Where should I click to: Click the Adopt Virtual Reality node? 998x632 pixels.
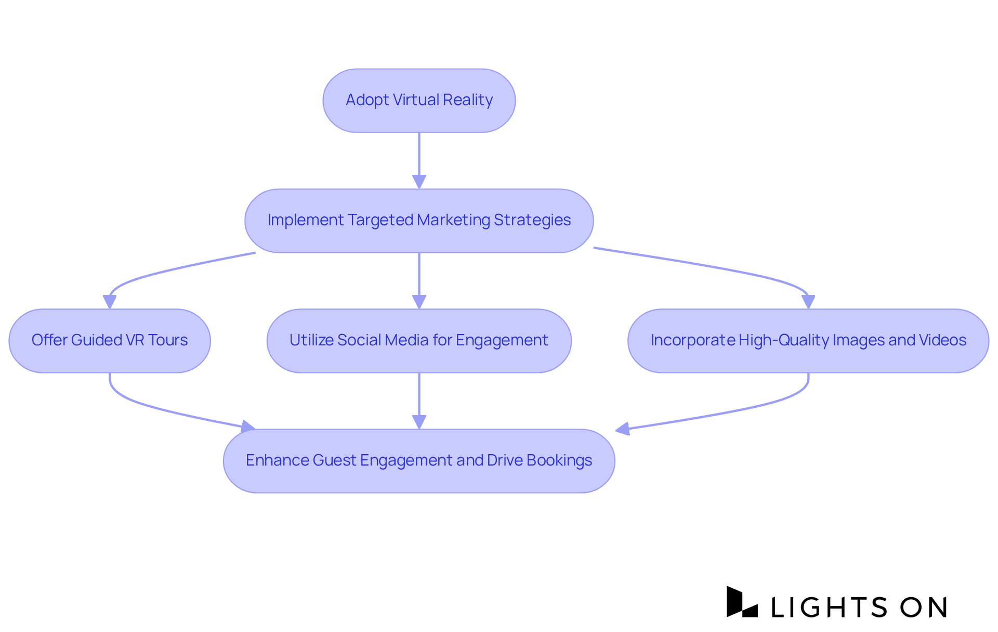point(419,100)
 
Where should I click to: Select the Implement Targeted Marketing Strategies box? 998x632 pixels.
point(419,221)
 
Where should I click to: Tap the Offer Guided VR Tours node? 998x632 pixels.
point(109,341)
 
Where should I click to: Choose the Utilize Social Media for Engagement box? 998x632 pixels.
point(419,341)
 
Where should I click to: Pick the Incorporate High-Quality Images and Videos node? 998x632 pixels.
point(808,341)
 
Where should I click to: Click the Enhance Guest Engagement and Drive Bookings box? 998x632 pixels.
point(419,461)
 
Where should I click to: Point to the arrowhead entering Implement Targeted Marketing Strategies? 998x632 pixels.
point(419,182)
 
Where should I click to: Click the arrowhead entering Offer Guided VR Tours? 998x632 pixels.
point(110,302)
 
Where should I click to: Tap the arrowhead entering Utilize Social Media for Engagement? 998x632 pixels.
point(419,302)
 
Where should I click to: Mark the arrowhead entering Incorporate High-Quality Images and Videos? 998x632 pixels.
point(808,302)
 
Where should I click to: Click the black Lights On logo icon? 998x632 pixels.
point(741,602)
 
